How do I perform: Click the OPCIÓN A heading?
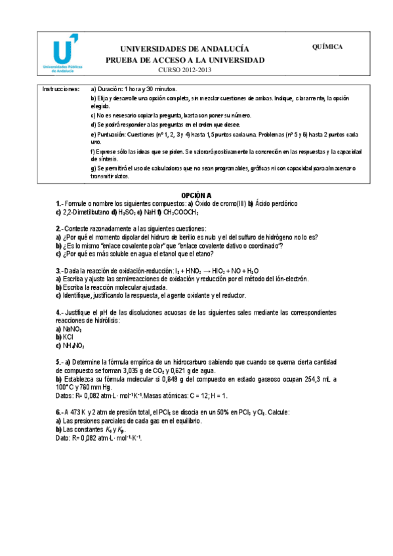pos(196,195)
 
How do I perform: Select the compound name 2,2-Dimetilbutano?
pos(85,212)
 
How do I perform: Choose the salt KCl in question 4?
pos(68,336)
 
